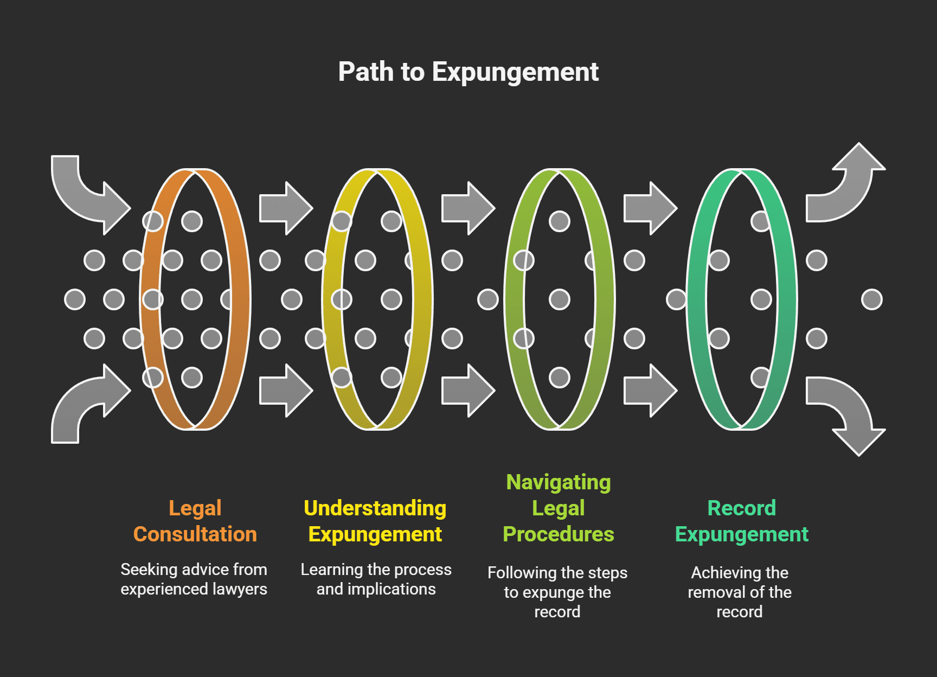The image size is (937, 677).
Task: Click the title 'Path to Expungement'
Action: [468, 72]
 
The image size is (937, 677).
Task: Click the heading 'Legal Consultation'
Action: [195, 521]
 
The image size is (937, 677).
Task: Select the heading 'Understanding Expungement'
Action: [375, 521]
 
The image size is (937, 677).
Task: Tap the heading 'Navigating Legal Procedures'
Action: [558, 508]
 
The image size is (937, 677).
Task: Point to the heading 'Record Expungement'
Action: [741, 521]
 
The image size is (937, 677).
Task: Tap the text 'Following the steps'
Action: [557, 573]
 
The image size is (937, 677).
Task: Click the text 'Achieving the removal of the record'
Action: [739, 592]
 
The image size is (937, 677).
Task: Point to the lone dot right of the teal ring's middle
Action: [871, 299]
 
